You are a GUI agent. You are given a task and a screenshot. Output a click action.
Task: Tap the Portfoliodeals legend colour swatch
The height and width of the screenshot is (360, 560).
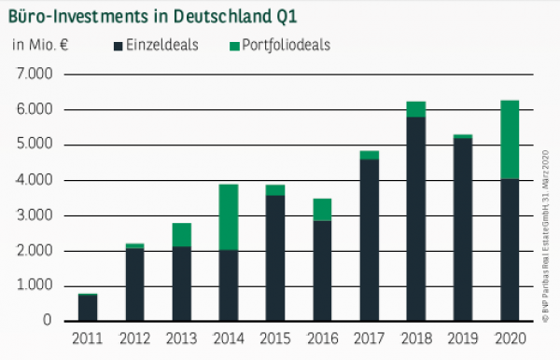coord(233,45)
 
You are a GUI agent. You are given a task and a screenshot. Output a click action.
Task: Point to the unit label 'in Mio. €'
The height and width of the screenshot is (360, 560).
coord(42,45)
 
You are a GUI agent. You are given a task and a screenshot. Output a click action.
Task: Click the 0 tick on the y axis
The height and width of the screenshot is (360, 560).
coord(46,321)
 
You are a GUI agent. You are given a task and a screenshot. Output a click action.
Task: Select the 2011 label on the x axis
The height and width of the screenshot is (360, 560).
coord(87,339)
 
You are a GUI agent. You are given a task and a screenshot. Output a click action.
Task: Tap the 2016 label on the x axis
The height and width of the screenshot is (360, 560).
coord(322,339)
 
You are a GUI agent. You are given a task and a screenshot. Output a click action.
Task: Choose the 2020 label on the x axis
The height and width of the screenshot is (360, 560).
coord(510,339)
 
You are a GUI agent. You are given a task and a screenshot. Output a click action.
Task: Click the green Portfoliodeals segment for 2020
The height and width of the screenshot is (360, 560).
coord(510,139)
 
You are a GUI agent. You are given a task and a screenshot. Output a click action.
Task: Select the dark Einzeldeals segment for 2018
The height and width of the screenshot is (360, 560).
coord(415,218)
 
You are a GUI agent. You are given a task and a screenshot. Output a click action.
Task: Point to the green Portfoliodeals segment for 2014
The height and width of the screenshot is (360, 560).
coord(228,216)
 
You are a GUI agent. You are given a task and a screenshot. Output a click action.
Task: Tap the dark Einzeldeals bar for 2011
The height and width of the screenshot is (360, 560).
coord(87,308)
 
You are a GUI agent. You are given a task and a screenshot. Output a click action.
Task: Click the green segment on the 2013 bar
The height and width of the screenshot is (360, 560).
coord(181,234)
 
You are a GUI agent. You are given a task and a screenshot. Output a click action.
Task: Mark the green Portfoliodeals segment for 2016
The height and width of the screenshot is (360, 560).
coord(322,209)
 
